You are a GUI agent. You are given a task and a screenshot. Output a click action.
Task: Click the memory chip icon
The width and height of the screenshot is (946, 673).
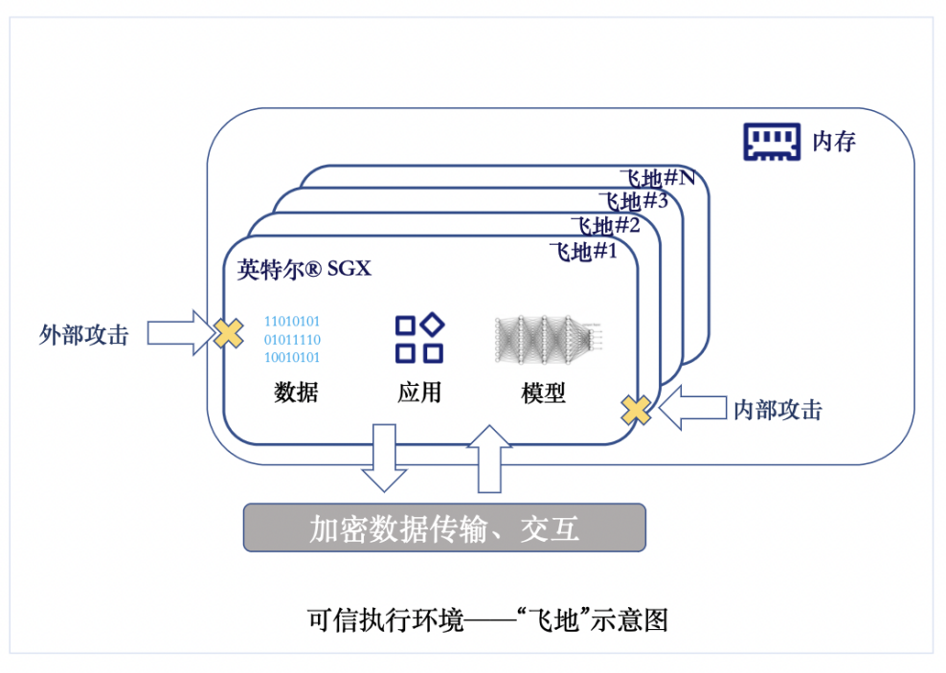pos(772,142)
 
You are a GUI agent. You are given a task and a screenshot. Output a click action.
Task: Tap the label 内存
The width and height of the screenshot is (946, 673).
pos(833,143)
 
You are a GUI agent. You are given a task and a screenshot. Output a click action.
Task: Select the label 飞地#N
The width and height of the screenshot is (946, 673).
pos(657,178)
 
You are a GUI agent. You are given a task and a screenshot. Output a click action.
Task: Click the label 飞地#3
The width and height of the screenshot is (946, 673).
pos(633,202)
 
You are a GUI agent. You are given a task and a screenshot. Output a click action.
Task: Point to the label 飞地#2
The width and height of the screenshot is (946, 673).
pos(605,227)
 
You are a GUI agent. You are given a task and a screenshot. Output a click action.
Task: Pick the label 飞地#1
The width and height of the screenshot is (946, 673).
pos(583,253)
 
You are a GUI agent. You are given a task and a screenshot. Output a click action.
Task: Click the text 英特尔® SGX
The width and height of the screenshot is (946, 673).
pos(304,269)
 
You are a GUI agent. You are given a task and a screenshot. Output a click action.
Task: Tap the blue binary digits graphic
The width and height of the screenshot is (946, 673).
pos(292,340)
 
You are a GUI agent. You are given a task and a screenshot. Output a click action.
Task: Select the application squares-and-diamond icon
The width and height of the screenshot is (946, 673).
pos(419,338)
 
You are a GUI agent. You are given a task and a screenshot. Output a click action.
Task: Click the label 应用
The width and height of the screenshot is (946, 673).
pos(419,393)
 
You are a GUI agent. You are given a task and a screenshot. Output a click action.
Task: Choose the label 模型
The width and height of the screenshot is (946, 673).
pos(543,393)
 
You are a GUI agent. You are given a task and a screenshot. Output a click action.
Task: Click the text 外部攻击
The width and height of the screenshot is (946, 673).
pos(84,334)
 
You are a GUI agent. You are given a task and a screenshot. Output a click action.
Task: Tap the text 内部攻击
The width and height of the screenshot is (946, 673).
pos(777,410)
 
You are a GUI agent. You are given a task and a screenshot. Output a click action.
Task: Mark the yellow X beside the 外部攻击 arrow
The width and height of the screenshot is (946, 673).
pos(228,333)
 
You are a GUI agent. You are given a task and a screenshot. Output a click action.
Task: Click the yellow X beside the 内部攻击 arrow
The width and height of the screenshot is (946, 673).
pos(635,410)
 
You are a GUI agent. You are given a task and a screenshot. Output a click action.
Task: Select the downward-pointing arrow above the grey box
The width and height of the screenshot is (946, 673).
pos(385,458)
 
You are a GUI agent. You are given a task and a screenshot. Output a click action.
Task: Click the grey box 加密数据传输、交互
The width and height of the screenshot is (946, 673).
pos(444,528)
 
